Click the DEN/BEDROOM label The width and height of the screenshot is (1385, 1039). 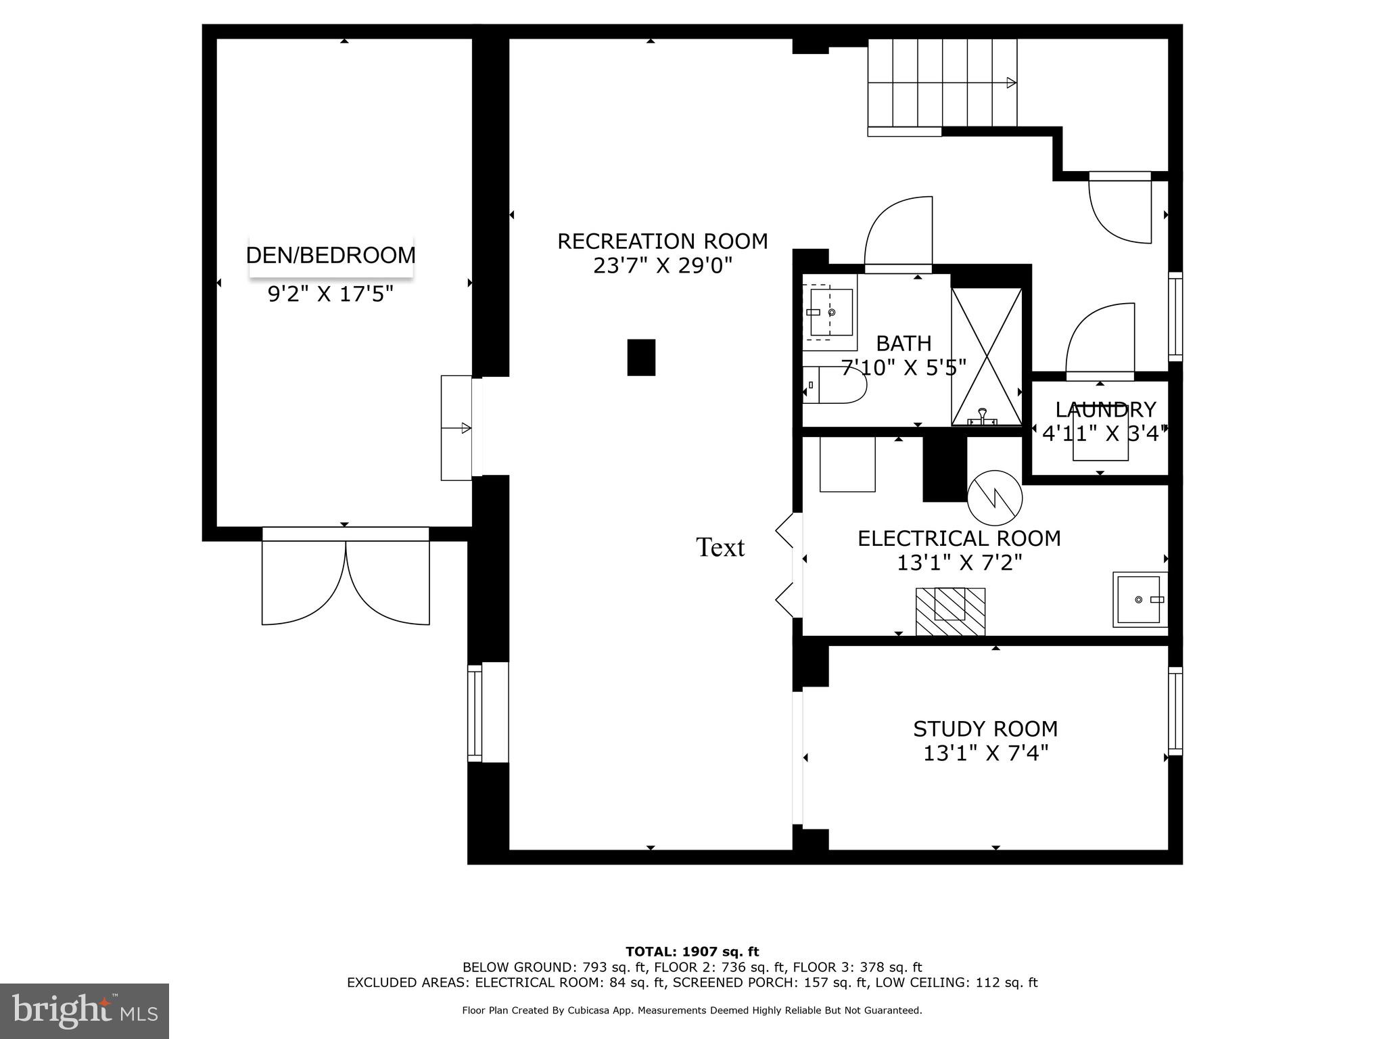coord(331,256)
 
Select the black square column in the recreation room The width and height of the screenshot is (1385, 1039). coord(641,357)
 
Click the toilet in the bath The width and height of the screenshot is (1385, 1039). coord(834,386)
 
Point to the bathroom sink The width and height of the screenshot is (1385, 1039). coord(830,312)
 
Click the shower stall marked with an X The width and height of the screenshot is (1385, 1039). coord(987,356)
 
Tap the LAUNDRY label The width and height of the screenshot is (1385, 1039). coord(1105,410)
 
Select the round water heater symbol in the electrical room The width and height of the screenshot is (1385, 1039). coord(995,498)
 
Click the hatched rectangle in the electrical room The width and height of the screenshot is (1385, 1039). coord(950,611)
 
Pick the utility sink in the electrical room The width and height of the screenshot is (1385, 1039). coord(1140,599)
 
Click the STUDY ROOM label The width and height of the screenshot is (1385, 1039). coord(985,729)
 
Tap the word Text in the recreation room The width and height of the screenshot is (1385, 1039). coord(720,547)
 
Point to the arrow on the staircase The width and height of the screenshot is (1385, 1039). coord(1011,83)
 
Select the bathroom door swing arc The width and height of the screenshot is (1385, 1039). coord(898,233)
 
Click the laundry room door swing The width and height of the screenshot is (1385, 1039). coord(1100,340)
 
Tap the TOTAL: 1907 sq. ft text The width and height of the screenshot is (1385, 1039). coord(692,952)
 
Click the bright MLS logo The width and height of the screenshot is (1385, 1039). coord(85,1011)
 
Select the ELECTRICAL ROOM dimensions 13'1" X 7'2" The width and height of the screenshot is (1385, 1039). coord(959,563)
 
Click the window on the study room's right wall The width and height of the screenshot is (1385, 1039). coord(1175,711)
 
